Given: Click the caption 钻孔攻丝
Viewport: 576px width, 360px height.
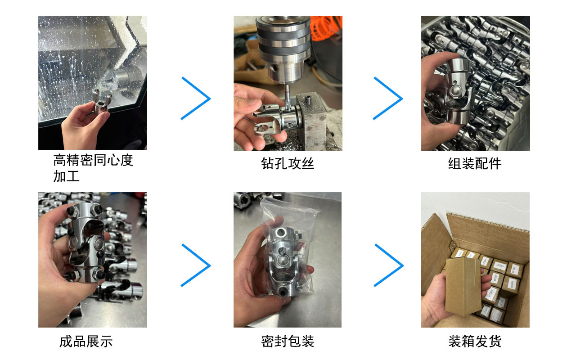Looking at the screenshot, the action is [x=288, y=163].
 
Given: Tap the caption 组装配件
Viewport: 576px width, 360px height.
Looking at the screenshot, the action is [x=475, y=163].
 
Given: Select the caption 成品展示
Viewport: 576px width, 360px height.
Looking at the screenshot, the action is [x=86, y=342].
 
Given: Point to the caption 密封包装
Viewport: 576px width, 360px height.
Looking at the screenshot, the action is [x=288, y=342].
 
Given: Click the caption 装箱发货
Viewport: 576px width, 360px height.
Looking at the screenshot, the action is [x=475, y=342].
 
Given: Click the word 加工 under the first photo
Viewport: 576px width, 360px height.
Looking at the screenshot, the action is [x=66, y=176].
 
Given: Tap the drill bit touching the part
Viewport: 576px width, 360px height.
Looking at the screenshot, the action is [x=288, y=96].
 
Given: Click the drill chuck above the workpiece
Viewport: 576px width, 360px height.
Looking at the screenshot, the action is [x=283, y=49].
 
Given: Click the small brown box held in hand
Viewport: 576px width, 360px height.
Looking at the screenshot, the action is [x=463, y=287].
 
